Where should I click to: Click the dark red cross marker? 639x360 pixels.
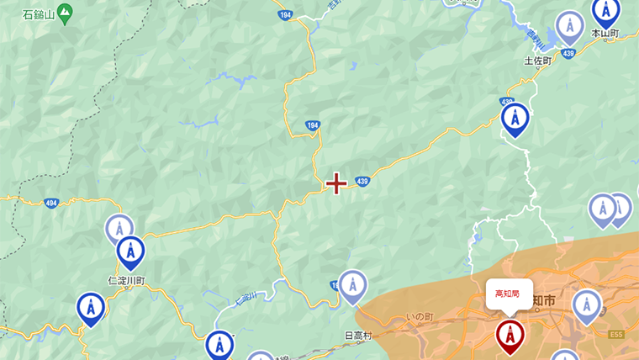(336, 183)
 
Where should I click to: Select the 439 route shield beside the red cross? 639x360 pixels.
(362, 181)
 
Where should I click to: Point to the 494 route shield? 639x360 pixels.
(51, 203)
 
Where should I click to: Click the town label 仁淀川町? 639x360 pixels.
(126, 280)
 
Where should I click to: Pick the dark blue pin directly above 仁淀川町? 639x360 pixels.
(130, 251)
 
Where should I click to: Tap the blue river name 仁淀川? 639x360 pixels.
(245, 298)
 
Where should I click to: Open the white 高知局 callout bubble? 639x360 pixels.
(509, 294)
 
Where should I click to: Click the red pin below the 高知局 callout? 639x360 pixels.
(510, 335)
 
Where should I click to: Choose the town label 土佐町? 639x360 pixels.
(537, 61)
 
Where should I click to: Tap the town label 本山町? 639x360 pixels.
(605, 34)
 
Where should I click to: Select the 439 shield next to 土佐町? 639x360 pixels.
(568, 54)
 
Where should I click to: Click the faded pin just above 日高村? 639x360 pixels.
(352, 285)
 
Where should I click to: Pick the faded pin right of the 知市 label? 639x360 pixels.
(587, 305)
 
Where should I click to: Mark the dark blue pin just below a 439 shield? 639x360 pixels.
(515, 119)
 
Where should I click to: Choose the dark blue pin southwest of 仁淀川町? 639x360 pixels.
(91, 308)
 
